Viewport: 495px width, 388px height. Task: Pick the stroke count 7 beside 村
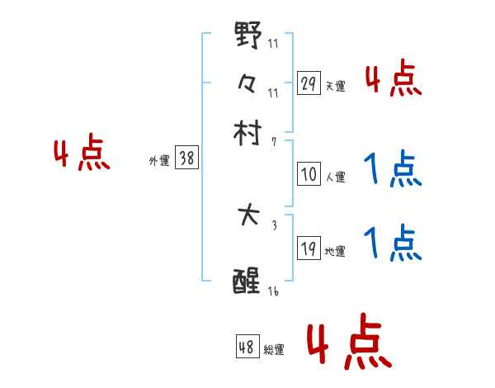pyautogui.click(x=273, y=142)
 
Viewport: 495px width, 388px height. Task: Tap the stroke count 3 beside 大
pyautogui.click(x=273, y=225)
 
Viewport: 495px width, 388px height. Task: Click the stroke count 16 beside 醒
pyautogui.click(x=273, y=291)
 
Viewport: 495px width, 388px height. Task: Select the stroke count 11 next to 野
pyautogui.click(x=273, y=43)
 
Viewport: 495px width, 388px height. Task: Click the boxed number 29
pyautogui.click(x=309, y=84)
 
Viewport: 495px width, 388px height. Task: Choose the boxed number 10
pyautogui.click(x=309, y=175)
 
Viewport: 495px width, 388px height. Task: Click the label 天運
pyautogui.click(x=335, y=86)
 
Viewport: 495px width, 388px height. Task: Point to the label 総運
pyautogui.click(x=274, y=350)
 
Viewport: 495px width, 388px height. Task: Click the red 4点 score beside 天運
pyautogui.click(x=393, y=81)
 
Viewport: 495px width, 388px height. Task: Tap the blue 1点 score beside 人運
pyautogui.click(x=393, y=172)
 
